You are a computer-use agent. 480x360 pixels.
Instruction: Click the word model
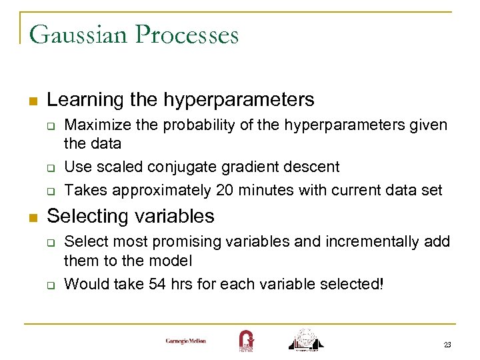[x=173, y=260]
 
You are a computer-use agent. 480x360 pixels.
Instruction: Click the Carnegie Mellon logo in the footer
[x=186, y=341]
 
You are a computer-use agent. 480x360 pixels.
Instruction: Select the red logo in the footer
[x=245, y=340]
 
